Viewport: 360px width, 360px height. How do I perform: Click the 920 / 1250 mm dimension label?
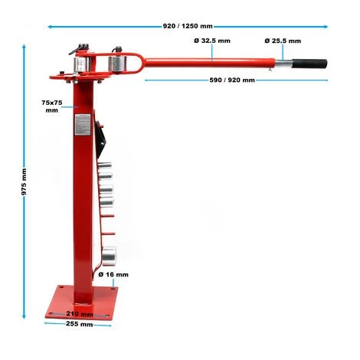click(188, 26)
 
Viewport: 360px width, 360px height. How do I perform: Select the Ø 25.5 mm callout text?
click(283, 41)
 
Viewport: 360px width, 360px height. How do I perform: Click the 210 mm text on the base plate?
click(80, 313)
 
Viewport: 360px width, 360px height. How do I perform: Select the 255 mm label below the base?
click(80, 324)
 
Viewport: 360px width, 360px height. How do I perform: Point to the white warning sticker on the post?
click(81, 123)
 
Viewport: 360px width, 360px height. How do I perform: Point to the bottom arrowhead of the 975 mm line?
click(25, 316)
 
